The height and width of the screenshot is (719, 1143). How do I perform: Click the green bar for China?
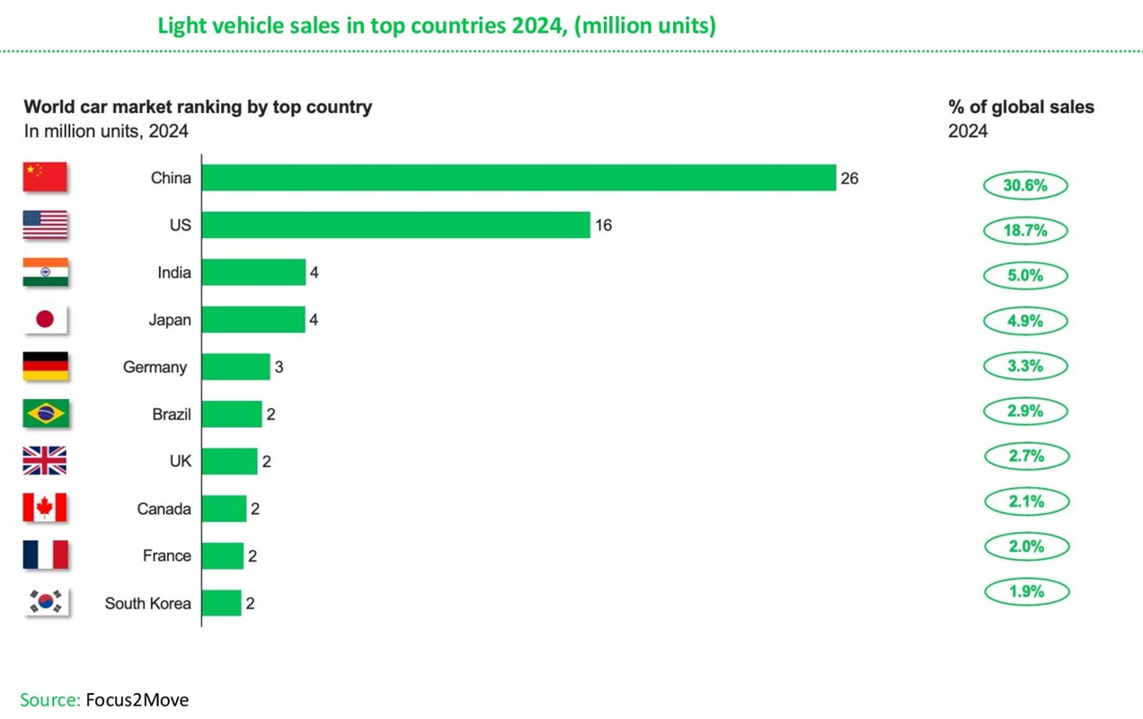coord(518,178)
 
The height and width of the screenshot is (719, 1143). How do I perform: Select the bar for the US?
coord(395,225)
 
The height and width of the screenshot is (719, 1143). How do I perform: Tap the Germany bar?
coord(235,367)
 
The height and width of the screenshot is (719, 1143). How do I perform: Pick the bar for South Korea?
coord(221,603)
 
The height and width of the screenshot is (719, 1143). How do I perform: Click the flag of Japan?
coord(45,319)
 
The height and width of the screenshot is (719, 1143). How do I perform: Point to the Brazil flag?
coord(45,413)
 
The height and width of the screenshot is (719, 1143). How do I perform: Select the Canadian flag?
coord(45,508)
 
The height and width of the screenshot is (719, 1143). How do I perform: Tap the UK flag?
coord(45,461)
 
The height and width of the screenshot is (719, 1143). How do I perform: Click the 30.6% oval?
coord(1024,186)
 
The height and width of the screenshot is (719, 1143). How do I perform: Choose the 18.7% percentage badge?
coord(1024,231)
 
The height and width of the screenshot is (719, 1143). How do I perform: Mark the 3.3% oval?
coord(1024,367)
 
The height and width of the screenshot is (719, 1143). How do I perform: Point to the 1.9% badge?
coord(1025,592)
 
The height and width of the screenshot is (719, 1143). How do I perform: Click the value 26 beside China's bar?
coord(849,179)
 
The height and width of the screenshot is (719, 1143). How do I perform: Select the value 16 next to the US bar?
coord(603,226)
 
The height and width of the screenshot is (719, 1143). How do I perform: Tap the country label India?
coord(174,272)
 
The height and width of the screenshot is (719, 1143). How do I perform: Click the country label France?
coord(167,555)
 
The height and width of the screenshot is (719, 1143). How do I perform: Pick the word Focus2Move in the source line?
coord(137,700)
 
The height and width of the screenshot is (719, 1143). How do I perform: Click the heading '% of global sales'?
coord(1021,107)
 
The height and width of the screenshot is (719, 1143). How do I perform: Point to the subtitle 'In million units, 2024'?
coord(106,131)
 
